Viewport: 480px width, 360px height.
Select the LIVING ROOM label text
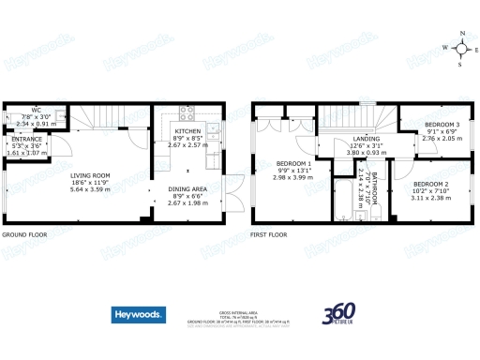(91, 174)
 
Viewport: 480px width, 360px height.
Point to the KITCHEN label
(188, 132)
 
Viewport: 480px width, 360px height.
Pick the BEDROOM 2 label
(432, 184)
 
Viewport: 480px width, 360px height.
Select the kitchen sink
(215, 130)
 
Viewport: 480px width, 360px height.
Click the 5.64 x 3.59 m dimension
(91, 188)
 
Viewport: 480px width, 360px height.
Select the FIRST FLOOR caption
(271, 235)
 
